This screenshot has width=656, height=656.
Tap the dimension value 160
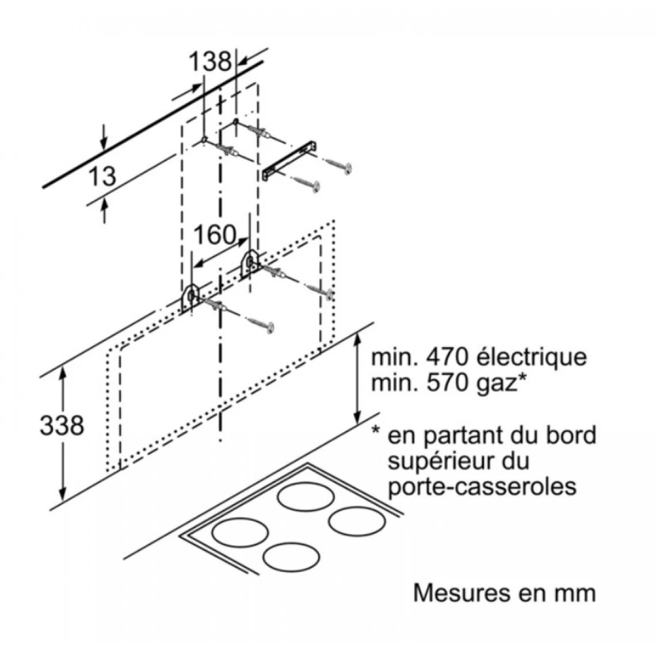214,234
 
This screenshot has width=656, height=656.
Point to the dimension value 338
61,425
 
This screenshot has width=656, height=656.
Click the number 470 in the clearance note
446,357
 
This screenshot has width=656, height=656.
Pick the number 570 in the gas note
446,382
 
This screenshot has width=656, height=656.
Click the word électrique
532,357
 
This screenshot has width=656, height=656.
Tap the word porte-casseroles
482,487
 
